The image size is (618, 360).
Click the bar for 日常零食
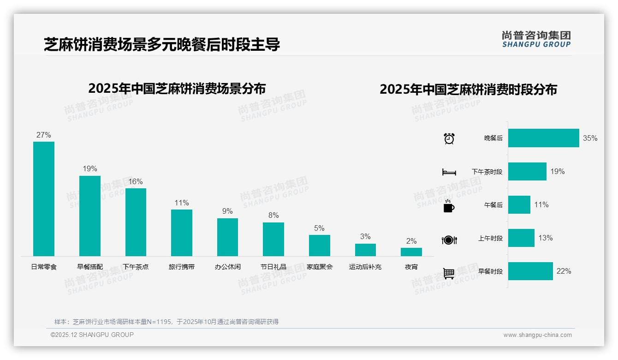pyautogui.click(x=44, y=199)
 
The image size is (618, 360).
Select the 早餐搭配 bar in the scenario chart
pyautogui.click(x=89, y=216)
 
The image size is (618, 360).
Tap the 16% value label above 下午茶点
pyautogui.click(x=136, y=182)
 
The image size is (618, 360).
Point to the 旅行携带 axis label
pyautogui.click(x=182, y=267)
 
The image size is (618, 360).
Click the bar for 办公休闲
pyautogui.click(x=227, y=237)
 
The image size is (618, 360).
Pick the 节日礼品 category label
pyautogui.click(x=273, y=267)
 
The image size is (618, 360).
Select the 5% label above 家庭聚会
pyautogui.click(x=319, y=228)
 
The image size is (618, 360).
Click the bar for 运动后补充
pyautogui.click(x=365, y=250)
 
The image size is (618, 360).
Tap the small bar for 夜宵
pyautogui.click(x=411, y=252)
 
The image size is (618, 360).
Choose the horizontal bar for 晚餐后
pyautogui.click(x=543, y=138)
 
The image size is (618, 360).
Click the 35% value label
pyautogui.click(x=590, y=138)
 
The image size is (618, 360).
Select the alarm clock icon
pyautogui.click(x=449, y=138)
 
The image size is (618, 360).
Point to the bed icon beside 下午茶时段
pyautogui.click(x=449, y=172)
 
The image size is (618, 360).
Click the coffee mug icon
pyautogui.click(x=449, y=206)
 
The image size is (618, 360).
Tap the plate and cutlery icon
pyautogui.click(x=449, y=240)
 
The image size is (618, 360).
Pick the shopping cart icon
pyautogui.click(x=449, y=273)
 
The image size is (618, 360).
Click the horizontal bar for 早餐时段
pyautogui.click(x=530, y=271)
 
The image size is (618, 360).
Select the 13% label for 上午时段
pyautogui.click(x=546, y=238)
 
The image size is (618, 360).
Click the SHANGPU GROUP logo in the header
pyautogui.click(x=536, y=39)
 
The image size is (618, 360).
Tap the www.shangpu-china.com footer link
pyautogui.click(x=537, y=335)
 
